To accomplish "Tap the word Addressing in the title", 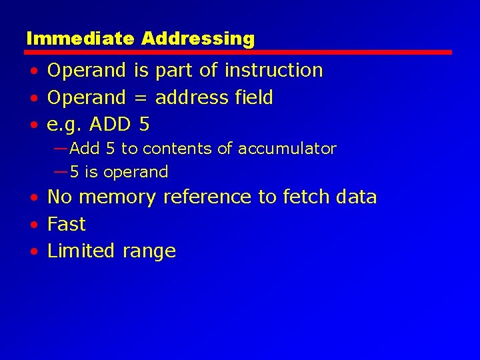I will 198,39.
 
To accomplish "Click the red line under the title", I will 239,52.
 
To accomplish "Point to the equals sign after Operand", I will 140,98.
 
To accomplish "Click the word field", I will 254,97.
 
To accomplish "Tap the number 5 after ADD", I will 145,124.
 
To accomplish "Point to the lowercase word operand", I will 135,173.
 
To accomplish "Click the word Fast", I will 67,224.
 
